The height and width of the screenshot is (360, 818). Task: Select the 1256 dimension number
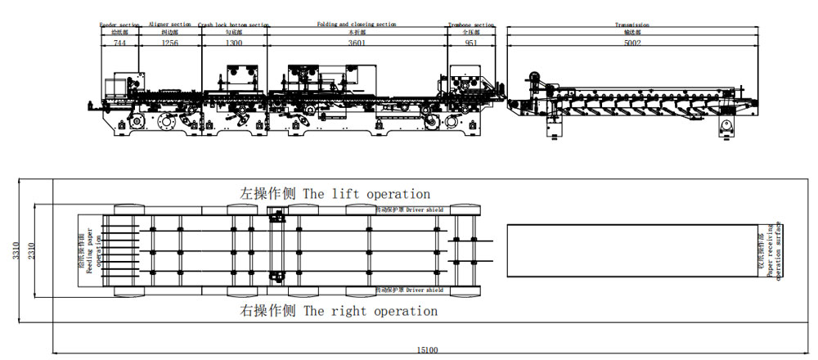coord(170,42)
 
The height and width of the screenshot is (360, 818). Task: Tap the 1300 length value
coord(233,42)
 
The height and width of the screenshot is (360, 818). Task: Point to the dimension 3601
coord(357,42)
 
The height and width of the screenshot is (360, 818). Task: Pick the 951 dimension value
coord(471,42)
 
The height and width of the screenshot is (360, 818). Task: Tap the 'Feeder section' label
coord(119,25)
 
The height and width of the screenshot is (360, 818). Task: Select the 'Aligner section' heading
coord(170,25)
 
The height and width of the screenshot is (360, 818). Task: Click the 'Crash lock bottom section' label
coord(233,25)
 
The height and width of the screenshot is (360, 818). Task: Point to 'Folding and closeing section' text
coord(357,25)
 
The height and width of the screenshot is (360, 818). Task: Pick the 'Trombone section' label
coord(471,25)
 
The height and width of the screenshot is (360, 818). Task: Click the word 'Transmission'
coord(632,25)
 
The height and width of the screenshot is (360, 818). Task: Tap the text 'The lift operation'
coord(366,195)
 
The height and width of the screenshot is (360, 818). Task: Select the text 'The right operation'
coord(371,311)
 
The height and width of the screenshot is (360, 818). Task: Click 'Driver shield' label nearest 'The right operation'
coord(422,290)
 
